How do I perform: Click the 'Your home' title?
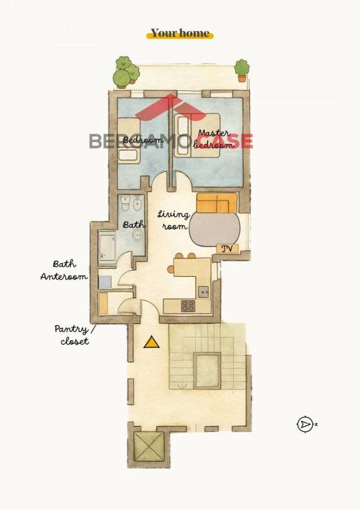(x=180, y=33)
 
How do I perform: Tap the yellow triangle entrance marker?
(x=151, y=343)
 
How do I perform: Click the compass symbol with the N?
(x=305, y=424)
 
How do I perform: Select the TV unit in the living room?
(x=228, y=249)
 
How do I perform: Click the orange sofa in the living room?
(x=217, y=203)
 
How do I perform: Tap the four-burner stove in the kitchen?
(x=188, y=306)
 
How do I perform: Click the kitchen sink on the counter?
(x=203, y=292)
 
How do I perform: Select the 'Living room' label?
(x=173, y=220)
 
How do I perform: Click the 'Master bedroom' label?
(x=214, y=139)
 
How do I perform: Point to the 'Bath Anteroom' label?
(x=64, y=270)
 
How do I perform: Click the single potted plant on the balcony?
(x=242, y=70)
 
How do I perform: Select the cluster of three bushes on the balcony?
(x=126, y=72)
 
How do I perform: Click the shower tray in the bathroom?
(x=107, y=246)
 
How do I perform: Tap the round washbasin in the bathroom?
(x=138, y=234)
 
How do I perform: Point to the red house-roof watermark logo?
(x=171, y=107)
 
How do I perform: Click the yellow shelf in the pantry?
(x=103, y=303)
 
